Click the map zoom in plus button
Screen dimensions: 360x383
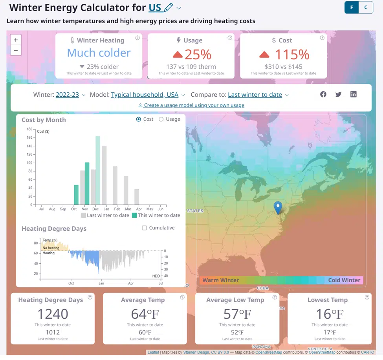16,40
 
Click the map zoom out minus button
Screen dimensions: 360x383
16,50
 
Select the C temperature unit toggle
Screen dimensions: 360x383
366,7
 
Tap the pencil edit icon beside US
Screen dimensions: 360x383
168,7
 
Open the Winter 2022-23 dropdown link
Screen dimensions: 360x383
67,95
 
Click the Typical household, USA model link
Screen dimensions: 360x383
145,95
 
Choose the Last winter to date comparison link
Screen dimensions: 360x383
255,95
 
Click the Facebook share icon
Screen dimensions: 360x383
323,94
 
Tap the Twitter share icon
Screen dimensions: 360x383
338,94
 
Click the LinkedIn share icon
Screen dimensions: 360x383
354,94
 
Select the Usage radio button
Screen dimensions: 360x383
161,119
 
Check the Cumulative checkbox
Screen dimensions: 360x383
145,228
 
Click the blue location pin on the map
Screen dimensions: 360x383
278,207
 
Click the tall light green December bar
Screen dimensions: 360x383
98,170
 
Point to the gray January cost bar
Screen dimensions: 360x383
104,175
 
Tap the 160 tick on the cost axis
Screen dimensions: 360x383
29,138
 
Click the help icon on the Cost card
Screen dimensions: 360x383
322,38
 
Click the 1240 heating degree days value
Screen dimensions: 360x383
53,314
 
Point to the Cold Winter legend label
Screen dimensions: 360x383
344,280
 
